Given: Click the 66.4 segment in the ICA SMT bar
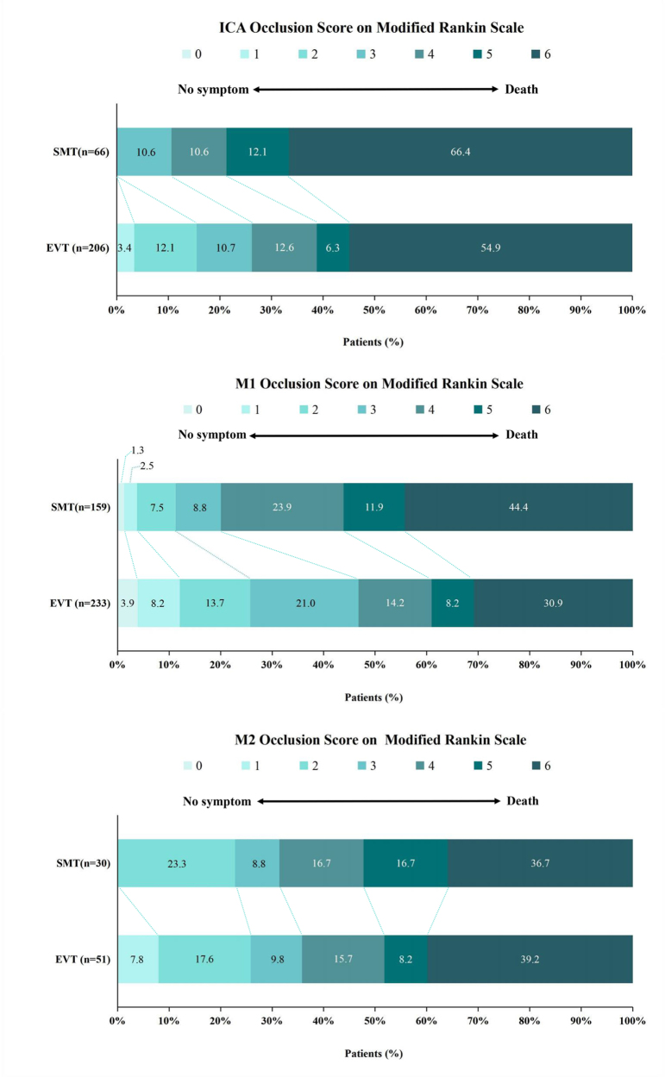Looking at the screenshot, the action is click(x=461, y=152).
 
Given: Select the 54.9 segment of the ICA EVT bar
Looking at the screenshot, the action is click(x=491, y=247).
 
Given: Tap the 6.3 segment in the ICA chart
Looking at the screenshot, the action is click(x=333, y=247).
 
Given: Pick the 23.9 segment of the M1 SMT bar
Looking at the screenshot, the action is click(x=282, y=507).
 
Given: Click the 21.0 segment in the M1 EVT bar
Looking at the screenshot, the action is click(x=304, y=603).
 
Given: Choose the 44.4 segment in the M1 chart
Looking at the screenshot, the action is click(x=519, y=507).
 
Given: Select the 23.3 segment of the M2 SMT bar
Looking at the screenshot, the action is click(x=177, y=863).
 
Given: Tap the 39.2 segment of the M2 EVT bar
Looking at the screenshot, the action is click(x=530, y=959).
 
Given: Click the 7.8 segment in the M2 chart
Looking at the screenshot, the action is click(x=138, y=959).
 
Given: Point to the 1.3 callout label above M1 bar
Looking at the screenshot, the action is click(x=137, y=450).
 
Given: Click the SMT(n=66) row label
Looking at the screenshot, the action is click(x=81, y=152).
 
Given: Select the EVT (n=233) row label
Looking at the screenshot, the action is click(x=80, y=604).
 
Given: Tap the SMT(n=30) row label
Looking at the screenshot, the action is click(x=83, y=863).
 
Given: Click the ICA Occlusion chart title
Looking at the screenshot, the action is click(x=371, y=28).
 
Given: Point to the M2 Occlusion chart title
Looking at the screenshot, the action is click(x=380, y=740).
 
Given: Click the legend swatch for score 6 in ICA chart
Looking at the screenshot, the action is click(x=536, y=53).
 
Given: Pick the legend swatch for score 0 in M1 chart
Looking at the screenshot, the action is click(x=187, y=410).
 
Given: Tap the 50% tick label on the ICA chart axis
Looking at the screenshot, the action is click(x=374, y=310).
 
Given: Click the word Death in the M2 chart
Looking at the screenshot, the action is click(x=523, y=801).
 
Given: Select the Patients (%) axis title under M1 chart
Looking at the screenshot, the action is click(x=373, y=698).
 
